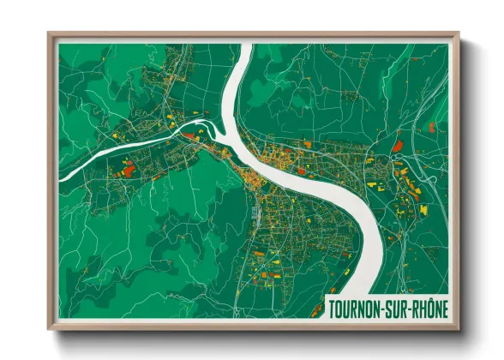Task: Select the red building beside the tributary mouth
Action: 188,134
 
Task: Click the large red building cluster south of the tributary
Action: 129,169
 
